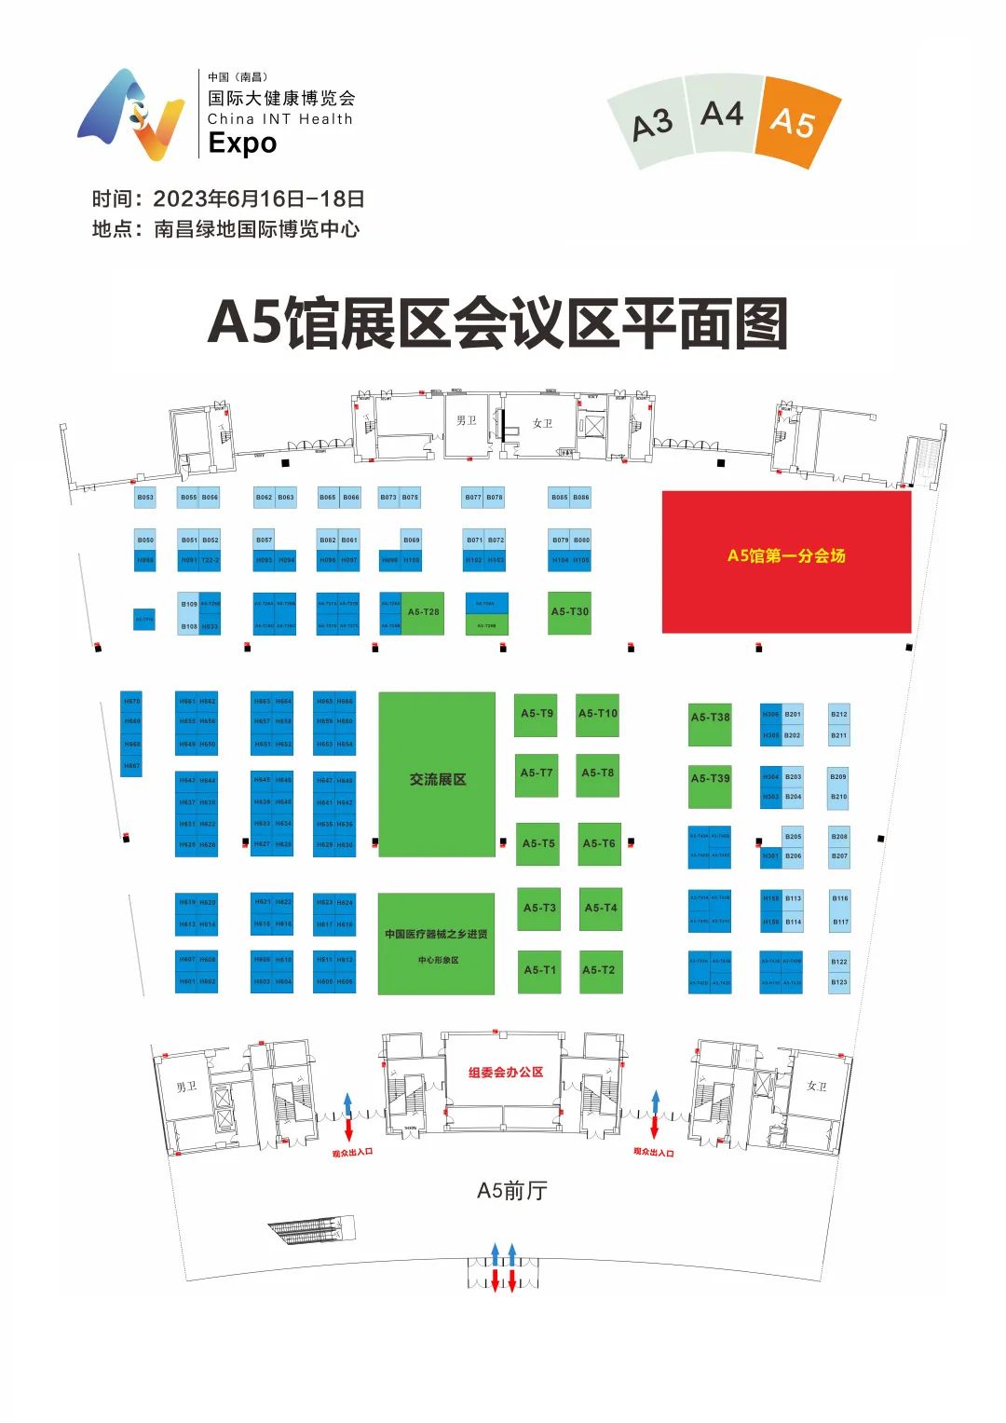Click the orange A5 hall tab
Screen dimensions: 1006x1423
coord(794,122)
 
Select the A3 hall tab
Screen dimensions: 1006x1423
coord(651,125)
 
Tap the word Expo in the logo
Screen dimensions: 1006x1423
coord(242,144)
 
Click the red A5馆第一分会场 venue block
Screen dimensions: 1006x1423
coord(786,556)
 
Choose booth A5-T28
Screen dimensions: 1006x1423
coord(424,612)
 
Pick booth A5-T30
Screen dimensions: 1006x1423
coord(570,612)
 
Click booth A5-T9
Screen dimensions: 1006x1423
coord(537,714)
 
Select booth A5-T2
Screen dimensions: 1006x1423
coord(599,970)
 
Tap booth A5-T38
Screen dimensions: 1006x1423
coord(710,718)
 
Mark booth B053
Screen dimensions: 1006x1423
coord(145,498)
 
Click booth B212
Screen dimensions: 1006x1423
coord(839,715)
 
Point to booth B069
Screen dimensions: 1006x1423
coord(411,540)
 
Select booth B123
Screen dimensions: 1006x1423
coord(839,982)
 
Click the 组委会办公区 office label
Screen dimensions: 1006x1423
coord(506,1073)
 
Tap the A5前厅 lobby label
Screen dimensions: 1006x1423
coord(511,1191)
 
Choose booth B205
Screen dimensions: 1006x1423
coord(793,837)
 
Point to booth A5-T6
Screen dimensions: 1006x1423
coord(599,843)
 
